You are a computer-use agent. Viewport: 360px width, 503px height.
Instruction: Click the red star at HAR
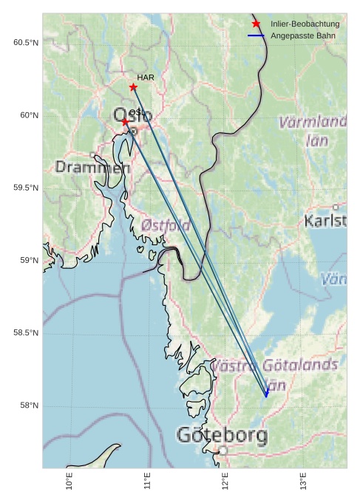(x=133, y=87)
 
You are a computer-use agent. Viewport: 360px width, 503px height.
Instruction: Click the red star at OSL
(x=126, y=122)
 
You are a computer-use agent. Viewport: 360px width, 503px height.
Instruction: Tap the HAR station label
(x=144, y=78)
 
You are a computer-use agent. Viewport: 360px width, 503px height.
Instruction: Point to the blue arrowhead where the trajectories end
(x=266, y=394)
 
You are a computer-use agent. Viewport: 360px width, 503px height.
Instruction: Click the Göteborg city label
(x=222, y=435)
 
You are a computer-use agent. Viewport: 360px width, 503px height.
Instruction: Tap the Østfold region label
(x=166, y=225)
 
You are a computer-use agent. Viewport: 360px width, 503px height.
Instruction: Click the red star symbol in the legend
(x=256, y=24)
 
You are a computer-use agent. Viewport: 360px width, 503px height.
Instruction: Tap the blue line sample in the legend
(x=256, y=35)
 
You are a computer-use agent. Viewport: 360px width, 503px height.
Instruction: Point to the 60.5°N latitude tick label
(x=25, y=43)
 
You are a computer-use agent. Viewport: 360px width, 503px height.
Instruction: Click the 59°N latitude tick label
(x=28, y=260)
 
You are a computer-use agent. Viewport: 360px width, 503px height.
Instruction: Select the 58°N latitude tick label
(x=28, y=406)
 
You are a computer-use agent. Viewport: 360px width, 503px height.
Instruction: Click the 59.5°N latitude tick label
(x=25, y=188)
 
